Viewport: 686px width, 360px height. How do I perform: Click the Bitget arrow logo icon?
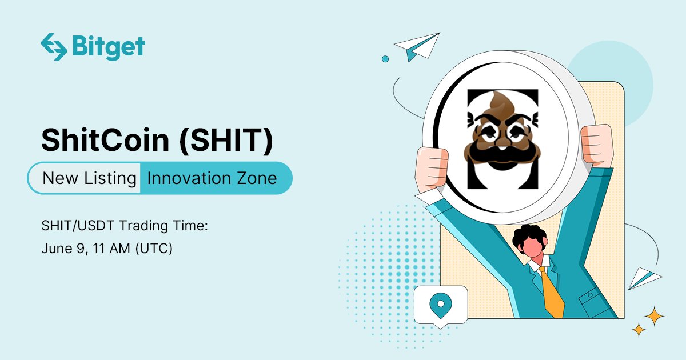click(54, 47)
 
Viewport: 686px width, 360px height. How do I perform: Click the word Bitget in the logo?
click(109, 47)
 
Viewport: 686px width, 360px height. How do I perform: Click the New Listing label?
click(89, 178)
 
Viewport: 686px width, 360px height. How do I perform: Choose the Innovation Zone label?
click(212, 178)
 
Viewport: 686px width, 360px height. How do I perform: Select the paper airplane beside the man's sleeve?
click(644, 278)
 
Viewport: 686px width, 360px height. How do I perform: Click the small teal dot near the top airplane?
click(385, 58)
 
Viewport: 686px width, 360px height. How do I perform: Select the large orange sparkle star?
click(654, 315)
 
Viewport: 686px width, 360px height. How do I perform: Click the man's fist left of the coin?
click(432, 169)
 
